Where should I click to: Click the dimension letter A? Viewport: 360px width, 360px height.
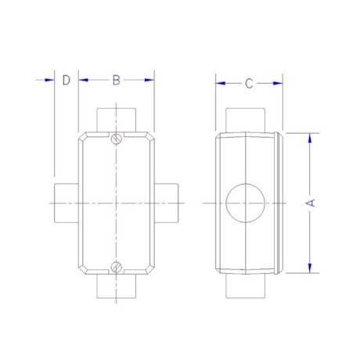311,203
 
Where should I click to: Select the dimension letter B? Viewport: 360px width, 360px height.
116,80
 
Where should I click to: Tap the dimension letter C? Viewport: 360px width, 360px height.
249,84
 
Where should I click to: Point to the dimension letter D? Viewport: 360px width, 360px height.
67,80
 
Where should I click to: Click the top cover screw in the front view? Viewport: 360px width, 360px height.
116,140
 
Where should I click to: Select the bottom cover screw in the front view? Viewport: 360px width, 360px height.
116,266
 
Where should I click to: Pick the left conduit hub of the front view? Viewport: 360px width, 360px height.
66,203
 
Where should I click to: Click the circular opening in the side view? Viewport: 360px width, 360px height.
246,203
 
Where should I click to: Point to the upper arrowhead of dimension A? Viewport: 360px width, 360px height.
311,138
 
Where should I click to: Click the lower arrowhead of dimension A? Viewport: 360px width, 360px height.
311,268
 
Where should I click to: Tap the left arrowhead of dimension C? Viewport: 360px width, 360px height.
221,84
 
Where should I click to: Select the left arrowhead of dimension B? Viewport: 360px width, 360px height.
83,80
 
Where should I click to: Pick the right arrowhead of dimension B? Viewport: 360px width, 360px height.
149,80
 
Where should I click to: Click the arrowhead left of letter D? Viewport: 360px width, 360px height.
49,80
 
